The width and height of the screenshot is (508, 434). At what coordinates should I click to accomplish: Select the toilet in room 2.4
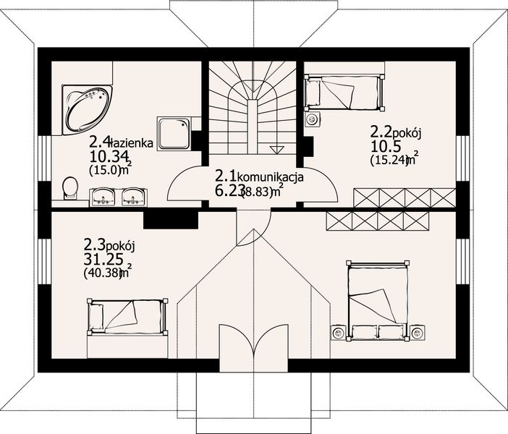tap(70, 188)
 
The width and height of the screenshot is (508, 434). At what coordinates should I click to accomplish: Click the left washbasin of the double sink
tap(103, 195)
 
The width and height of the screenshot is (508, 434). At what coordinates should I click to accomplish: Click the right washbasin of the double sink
tap(132, 195)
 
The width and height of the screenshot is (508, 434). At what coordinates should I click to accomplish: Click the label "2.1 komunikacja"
tap(259, 176)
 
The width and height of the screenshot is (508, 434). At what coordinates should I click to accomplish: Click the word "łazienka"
tap(135, 143)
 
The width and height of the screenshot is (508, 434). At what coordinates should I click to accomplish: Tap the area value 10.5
tap(384, 147)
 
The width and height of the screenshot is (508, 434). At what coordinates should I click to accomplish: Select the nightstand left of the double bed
tap(339, 333)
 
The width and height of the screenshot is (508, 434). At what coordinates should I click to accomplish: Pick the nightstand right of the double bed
tap(417, 333)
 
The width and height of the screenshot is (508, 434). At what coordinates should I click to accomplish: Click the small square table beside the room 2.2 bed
tap(313, 119)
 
